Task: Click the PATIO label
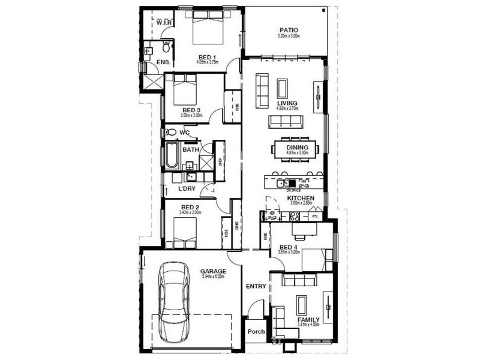(x=289, y=29)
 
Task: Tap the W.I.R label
(x=164, y=23)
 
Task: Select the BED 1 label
(x=208, y=58)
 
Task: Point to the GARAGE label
(x=212, y=271)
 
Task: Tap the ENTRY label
(x=256, y=286)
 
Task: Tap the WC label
(x=185, y=132)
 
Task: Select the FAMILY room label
(x=308, y=320)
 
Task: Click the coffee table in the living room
(x=283, y=89)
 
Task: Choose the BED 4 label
(x=289, y=247)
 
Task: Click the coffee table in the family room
(x=301, y=305)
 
